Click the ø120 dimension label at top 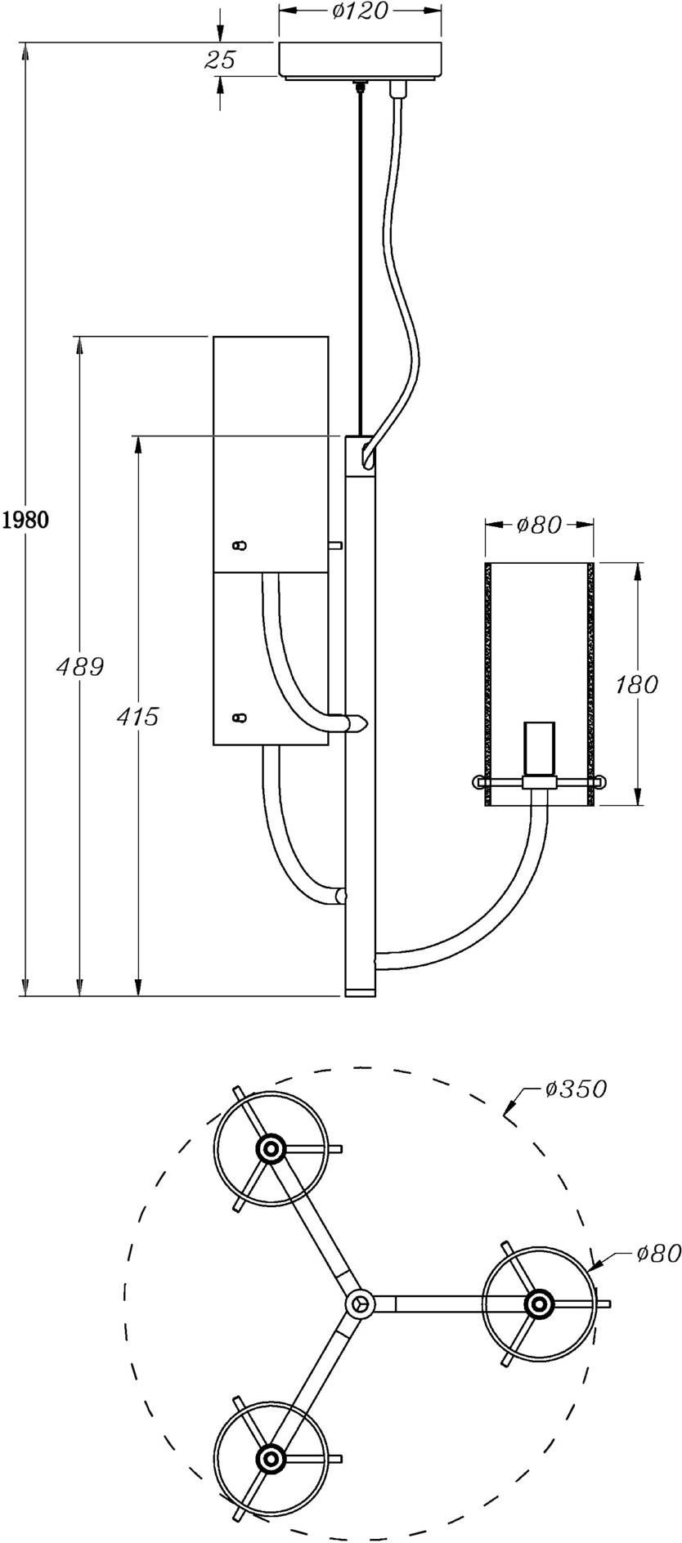tap(359, 11)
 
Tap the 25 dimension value tap(219, 60)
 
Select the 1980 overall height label tap(25, 520)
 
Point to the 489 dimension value tap(79, 667)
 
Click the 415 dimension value tap(137, 717)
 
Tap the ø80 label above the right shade tap(539, 525)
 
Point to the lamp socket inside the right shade tap(538, 749)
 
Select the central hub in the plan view tap(358, 1303)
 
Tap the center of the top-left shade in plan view tap(270, 1149)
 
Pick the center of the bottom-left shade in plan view tap(270, 1457)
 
